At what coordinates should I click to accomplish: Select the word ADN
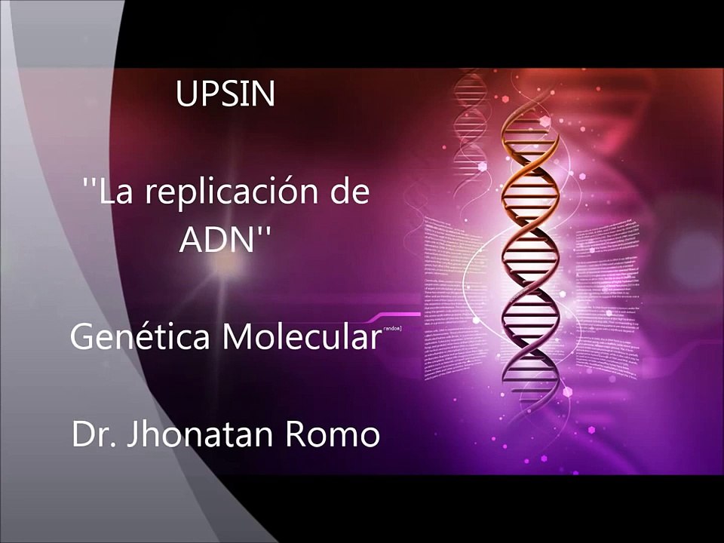215,241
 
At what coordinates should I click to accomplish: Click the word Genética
140,336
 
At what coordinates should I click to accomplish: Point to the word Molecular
302,336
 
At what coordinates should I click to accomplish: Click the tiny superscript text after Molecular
392,329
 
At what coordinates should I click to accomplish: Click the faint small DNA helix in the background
469,113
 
